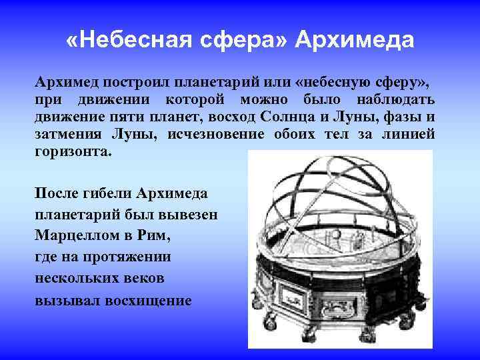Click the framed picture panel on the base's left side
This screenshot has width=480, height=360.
(x=283, y=293)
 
